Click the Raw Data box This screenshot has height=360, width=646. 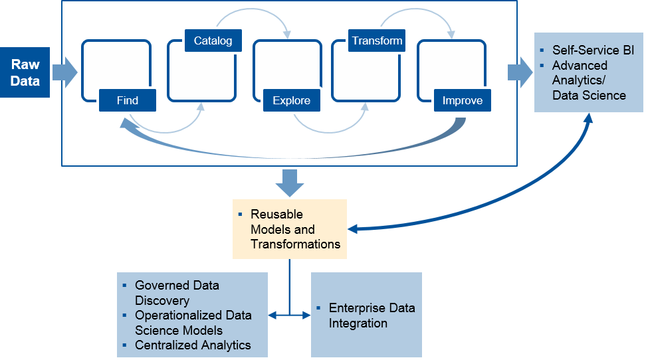(25, 72)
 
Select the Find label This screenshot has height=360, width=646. (127, 100)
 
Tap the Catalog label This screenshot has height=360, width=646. (213, 41)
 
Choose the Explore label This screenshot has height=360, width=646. (291, 100)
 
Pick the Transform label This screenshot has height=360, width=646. (377, 41)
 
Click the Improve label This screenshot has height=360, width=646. (462, 100)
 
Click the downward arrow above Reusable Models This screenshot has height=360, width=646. (289, 183)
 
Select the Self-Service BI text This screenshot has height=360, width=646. (593, 50)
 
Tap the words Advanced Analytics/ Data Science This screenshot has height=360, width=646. (589, 80)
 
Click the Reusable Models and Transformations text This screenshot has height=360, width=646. (295, 229)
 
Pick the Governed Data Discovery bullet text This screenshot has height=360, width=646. (177, 293)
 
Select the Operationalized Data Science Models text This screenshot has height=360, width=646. (193, 322)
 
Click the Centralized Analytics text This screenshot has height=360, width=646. (193, 345)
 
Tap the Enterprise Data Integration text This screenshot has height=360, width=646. (372, 315)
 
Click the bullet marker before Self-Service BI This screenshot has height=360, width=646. (543, 50)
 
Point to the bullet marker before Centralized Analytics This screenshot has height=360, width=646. (125, 345)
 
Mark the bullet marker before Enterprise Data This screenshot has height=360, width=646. (320, 308)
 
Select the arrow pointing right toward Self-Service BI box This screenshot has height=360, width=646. (520, 72)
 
